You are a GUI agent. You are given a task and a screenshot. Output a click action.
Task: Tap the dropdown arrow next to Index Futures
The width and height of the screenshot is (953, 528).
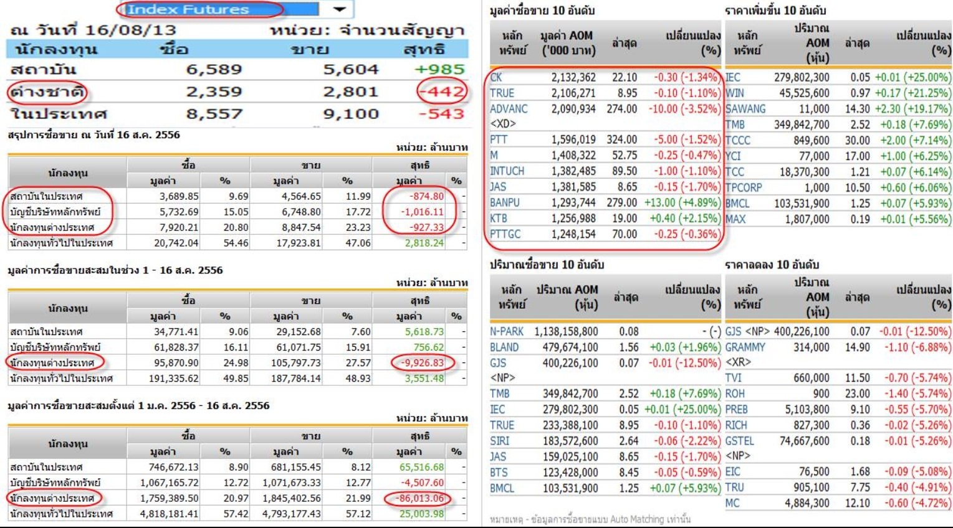(340, 9)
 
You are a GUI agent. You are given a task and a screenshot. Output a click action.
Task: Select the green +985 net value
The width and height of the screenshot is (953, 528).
(440, 69)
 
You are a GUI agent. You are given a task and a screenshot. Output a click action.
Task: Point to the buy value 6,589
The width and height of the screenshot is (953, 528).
(214, 69)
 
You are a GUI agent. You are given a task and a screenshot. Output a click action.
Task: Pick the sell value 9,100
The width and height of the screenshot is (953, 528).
(350, 114)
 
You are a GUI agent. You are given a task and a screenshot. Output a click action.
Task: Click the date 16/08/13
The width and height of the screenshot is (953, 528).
(130, 30)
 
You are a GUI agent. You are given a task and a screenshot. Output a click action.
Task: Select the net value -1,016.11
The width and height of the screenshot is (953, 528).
(422, 212)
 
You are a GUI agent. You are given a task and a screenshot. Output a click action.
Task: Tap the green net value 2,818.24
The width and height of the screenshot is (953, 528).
(424, 243)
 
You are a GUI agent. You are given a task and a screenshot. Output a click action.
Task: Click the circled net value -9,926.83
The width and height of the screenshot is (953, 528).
(422, 362)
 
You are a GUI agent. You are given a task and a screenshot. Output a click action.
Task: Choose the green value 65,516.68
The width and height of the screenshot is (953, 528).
(421, 467)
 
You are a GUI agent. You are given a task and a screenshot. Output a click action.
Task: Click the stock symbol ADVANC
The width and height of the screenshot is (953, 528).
(509, 109)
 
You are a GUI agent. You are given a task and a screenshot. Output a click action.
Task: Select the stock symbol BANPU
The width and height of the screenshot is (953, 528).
(505, 203)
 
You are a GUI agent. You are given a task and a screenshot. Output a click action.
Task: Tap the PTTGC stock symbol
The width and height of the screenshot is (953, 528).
(505, 234)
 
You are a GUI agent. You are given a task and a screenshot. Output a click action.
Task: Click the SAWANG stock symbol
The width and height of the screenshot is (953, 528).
(745, 109)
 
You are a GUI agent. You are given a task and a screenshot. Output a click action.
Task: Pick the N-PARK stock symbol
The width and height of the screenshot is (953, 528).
(507, 331)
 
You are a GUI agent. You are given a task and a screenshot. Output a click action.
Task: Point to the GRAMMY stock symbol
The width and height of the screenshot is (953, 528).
(745, 347)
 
